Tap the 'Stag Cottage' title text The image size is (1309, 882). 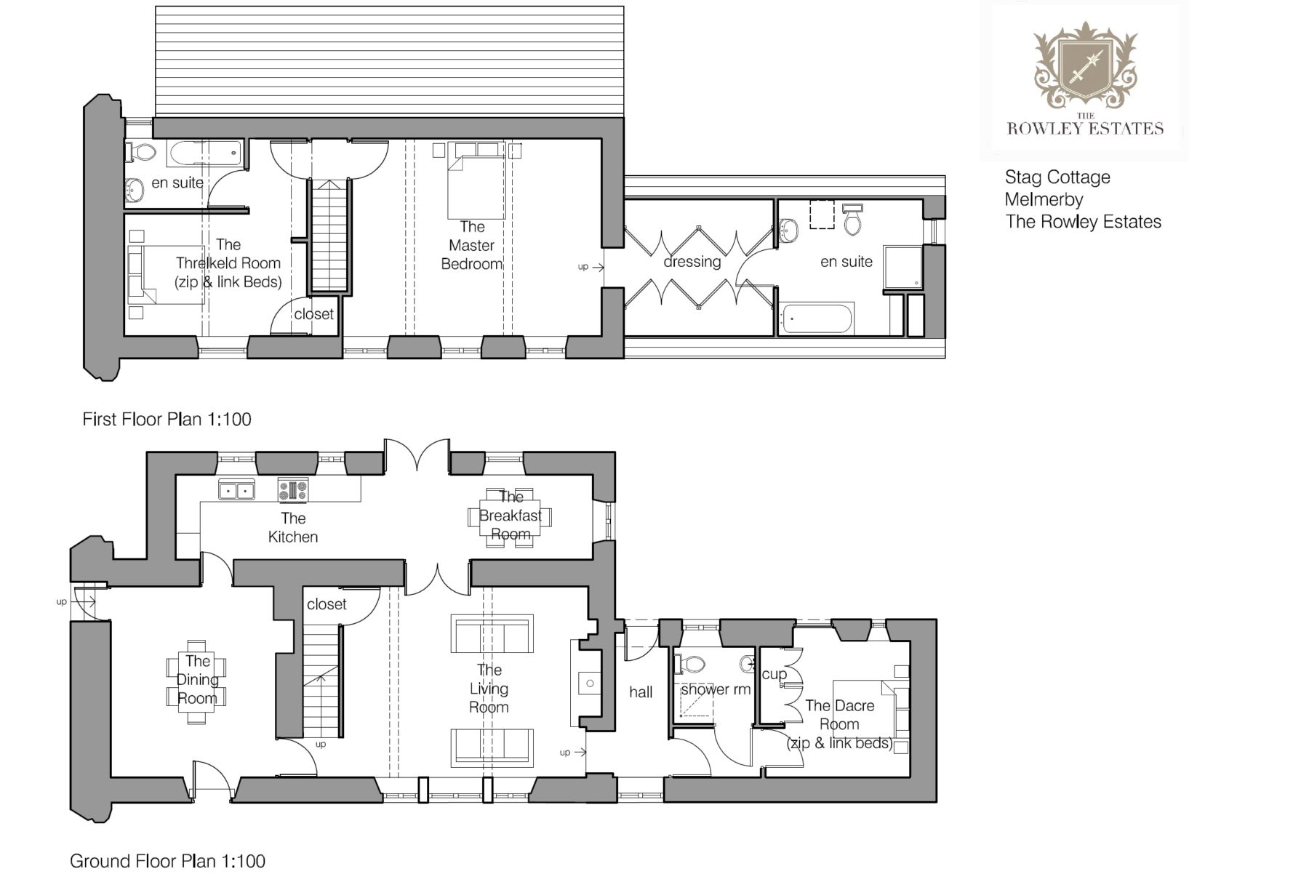point(1057,177)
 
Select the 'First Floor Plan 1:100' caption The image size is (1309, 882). point(167,420)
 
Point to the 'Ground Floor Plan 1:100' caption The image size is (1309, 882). point(167,862)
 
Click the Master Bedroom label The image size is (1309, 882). point(472,246)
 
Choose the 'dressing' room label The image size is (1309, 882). point(692,262)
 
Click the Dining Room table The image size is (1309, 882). point(196,681)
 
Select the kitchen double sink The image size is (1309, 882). point(237,490)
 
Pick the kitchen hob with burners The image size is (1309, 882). point(293,490)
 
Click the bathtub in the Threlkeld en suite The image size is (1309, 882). point(204,153)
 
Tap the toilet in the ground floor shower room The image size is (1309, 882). point(691,664)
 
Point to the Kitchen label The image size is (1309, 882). point(293,528)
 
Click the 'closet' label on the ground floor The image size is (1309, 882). point(327,604)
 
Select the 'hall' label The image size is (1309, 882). point(641,692)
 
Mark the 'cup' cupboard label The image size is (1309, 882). point(774,675)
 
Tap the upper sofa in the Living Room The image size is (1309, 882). point(492,634)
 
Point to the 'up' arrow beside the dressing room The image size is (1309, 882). point(591,267)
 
